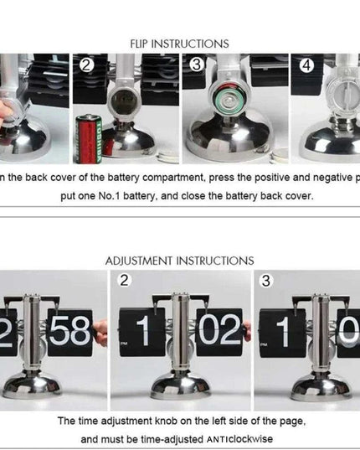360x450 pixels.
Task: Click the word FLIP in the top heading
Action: (143, 44)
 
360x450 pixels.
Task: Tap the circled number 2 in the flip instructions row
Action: (85, 64)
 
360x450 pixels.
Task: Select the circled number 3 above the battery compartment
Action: (195, 65)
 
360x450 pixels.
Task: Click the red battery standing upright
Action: (89, 136)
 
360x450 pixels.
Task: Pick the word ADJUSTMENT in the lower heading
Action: (140, 261)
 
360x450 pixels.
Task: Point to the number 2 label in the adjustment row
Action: (125, 280)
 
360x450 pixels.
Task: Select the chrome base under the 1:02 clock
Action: (180, 385)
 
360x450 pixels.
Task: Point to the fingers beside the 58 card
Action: (100, 334)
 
